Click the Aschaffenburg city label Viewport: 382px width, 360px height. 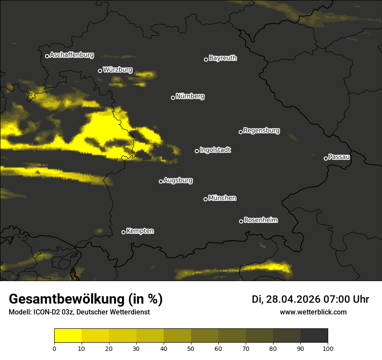(72, 55)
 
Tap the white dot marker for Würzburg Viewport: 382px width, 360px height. (100, 71)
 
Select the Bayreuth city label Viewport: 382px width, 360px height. (223, 58)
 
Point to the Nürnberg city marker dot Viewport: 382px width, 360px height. (173, 98)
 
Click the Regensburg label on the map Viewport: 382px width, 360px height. (261, 131)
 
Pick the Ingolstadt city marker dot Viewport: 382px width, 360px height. (197, 151)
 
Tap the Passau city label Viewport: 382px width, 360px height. (339, 157)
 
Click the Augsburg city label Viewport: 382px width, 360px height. (178, 180)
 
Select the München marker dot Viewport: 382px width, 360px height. (205, 199)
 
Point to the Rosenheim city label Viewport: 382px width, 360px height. (260, 220)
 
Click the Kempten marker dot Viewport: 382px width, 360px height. (123, 232)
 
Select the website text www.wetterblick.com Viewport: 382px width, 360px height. (313, 312)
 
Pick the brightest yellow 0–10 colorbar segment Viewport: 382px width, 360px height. (68, 336)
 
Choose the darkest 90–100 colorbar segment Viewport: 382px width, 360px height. (314, 336)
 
